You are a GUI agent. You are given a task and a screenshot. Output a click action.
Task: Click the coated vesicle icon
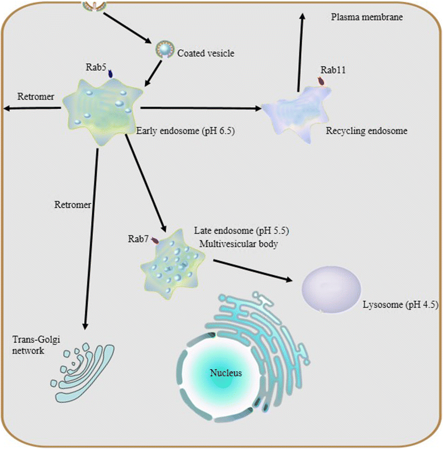[164, 52]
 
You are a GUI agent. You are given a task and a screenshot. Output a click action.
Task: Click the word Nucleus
[225, 374]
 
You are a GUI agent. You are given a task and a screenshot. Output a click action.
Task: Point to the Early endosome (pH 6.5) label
[186, 132]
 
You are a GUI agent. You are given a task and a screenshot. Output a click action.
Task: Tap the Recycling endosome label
[367, 131]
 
